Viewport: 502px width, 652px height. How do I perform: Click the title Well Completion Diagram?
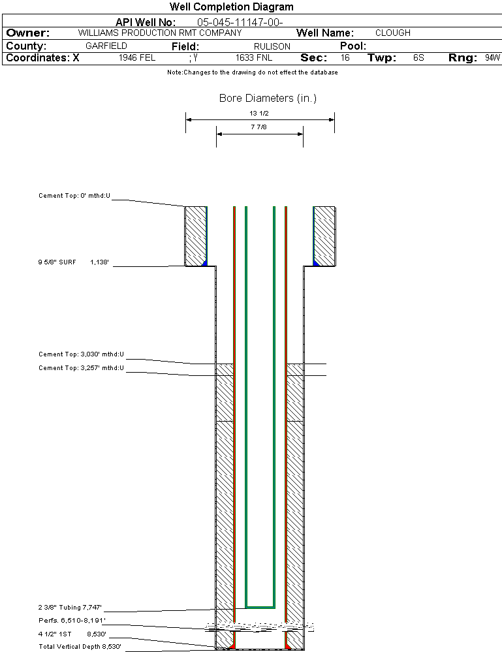click(231, 7)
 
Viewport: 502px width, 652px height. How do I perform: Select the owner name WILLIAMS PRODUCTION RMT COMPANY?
click(159, 33)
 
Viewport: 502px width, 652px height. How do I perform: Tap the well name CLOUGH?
click(393, 33)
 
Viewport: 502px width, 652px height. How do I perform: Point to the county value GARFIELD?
click(106, 46)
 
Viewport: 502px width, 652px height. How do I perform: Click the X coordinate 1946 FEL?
click(137, 58)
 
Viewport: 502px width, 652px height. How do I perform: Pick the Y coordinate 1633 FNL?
click(254, 58)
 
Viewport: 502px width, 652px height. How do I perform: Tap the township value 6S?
click(418, 58)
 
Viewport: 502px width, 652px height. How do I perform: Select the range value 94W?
click(492, 58)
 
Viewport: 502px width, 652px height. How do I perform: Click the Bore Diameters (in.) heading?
click(268, 99)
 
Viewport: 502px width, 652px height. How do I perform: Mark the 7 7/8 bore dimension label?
click(259, 127)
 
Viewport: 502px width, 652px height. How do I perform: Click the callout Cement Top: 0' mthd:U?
click(74, 195)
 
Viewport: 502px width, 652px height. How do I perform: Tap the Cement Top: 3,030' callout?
click(81, 355)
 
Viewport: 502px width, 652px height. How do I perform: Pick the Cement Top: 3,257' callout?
click(81, 368)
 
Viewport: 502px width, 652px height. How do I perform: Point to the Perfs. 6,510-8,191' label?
click(72, 620)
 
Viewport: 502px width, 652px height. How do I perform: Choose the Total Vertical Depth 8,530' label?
click(80, 647)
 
